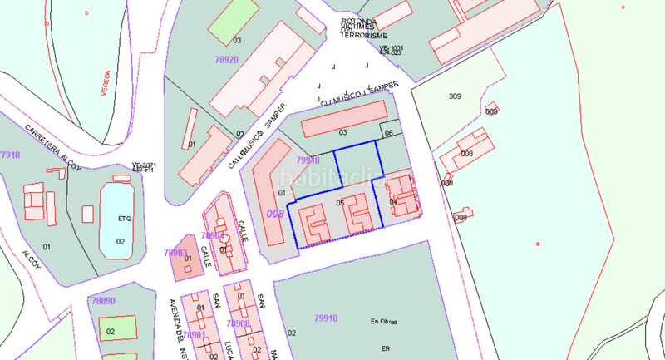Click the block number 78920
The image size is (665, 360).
click(225, 60)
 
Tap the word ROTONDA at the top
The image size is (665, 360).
click(360, 22)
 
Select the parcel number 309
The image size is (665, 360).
click(455, 96)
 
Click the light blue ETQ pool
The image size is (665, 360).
click(121, 219)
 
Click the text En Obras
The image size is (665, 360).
click(385, 320)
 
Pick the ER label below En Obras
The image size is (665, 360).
click(385, 348)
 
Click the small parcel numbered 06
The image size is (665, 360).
click(389, 131)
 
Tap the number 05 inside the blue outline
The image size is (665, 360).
click(340, 203)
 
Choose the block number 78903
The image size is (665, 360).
click(175, 253)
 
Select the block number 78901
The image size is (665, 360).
click(194, 334)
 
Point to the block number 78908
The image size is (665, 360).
click(238, 323)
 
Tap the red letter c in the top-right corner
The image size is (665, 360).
click(623, 7)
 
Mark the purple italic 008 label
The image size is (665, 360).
click(274, 214)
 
